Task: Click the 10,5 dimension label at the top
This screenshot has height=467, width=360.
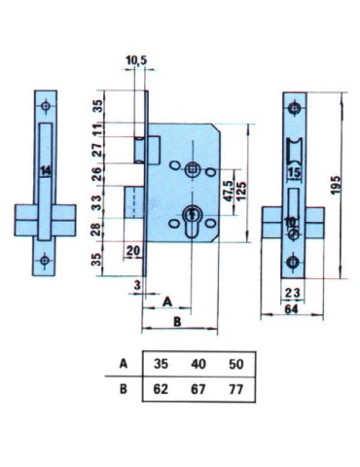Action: point(136,60)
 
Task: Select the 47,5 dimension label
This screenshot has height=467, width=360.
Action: point(230,192)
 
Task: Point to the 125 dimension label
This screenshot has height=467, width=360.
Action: point(241,192)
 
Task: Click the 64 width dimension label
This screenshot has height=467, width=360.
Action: point(291,309)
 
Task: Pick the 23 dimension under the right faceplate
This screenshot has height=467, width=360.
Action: point(292,293)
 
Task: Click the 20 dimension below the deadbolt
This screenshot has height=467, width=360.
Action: point(133,250)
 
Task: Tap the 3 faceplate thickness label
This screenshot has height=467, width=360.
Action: point(138,285)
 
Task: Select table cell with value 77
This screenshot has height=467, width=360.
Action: point(236,389)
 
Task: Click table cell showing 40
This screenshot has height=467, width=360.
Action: point(198,364)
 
